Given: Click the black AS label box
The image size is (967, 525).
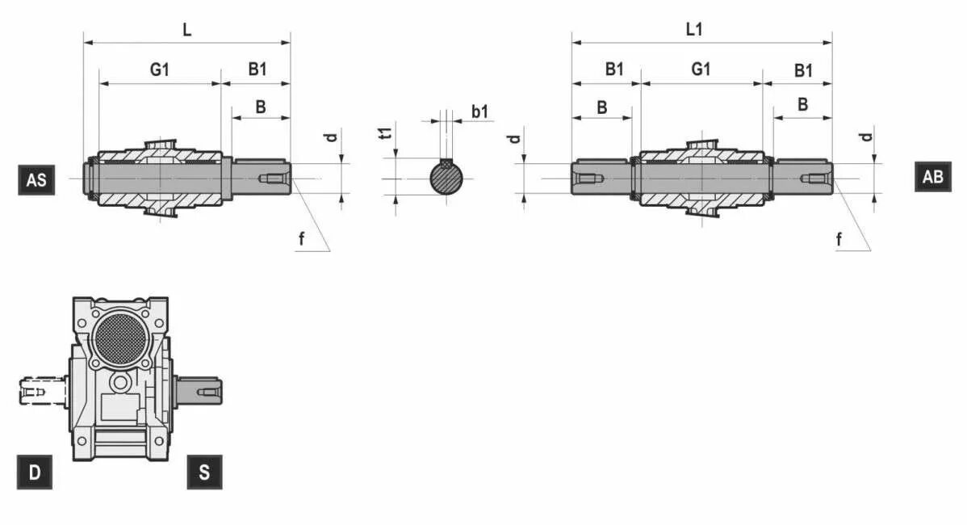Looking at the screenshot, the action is coord(36,179).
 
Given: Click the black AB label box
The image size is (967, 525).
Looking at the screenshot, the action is coord(932,177).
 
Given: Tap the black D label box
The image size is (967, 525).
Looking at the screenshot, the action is coord(35,472).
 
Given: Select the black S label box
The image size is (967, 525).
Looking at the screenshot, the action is coord(204,472).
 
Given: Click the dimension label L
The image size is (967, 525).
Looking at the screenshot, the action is coord(187,30).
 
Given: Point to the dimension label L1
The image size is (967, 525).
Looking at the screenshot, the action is coord(694,30).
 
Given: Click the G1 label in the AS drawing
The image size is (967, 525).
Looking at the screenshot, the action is coord(160,69).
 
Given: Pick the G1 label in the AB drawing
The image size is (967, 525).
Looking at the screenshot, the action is coord(701,69).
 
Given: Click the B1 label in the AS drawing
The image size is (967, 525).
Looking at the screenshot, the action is coord(257,69).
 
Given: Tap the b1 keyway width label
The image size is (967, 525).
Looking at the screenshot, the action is coord(480,111).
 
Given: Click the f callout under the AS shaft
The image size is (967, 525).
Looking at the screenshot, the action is coord(301,238).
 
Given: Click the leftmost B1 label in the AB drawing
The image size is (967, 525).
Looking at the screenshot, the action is coord(614,69).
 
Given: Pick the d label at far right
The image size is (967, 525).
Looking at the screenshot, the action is coord(866,136).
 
